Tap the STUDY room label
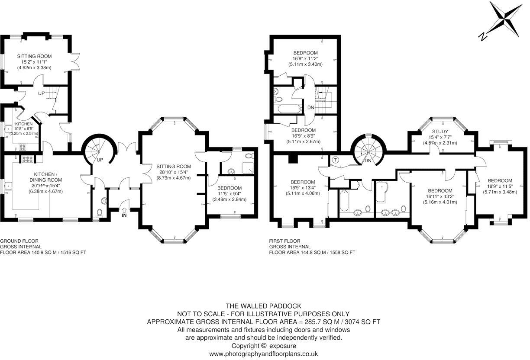[440, 132]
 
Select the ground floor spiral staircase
[98, 151]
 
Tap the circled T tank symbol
[335, 160]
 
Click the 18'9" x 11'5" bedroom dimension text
[500, 186]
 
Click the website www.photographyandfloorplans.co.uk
[264, 354]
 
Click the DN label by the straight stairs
[310, 108]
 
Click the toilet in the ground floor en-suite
[248, 157]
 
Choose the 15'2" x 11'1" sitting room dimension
[34, 62]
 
